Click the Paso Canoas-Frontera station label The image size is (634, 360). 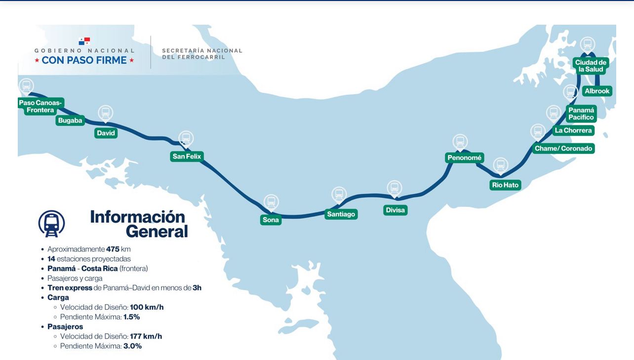point(40,106)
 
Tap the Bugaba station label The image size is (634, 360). point(70,120)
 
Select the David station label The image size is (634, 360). point(106,133)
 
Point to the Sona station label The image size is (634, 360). point(271,220)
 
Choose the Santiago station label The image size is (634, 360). point(341,214)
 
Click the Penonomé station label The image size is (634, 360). point(464,158)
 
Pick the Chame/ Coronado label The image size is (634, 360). point(563,148)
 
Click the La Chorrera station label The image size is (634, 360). point(573,130)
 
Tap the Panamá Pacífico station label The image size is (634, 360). point(581,114)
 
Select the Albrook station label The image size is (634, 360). point(597,91)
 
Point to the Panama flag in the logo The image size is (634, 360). point(84,41)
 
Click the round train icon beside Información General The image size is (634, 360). point(51,223)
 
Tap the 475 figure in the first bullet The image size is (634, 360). point(113,249)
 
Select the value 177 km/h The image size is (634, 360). point(146,336)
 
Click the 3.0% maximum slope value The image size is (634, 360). point(132,346)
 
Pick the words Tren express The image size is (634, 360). point(70,288)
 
